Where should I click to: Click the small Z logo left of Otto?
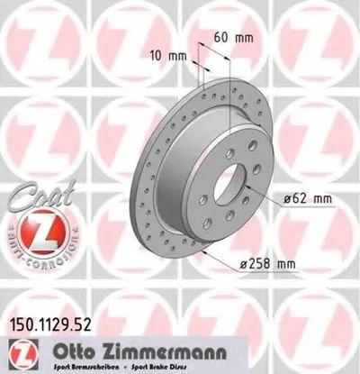point(24,350)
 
